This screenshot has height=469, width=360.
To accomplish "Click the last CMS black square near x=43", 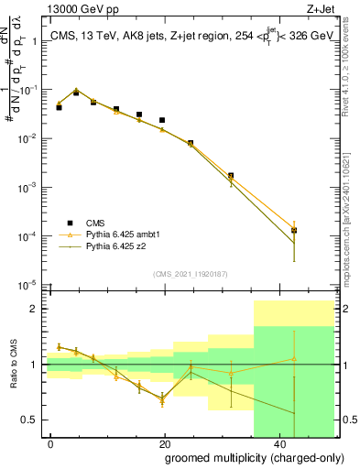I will coord(294,231).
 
